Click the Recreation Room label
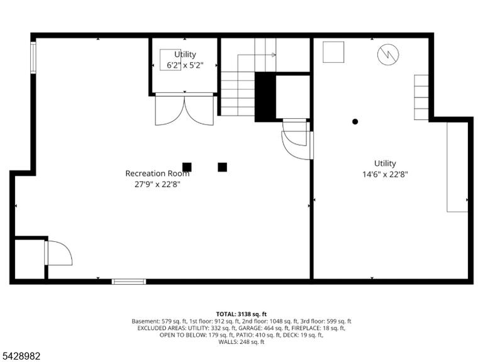click(x=157, y=173)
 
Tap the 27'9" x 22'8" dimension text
click(x=157, y=184)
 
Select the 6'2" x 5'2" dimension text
click(x=185, y=65)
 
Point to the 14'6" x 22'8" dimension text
click(x=385, y=175)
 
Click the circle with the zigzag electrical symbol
click(x=388, y=55)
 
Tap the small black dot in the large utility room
click(x=355, y=121)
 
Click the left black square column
click(x=187, y=167)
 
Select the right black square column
click(x=223, y=167)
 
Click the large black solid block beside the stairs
click(x=265, y=97)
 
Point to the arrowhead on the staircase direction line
click(x=274, y=55)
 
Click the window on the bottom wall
click(x=129, y=282)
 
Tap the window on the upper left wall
click(x=33, y=58)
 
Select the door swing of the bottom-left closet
click(x=58, y=253)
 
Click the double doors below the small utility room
click(x=184, y=109)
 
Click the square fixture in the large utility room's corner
click(x=333, y=52)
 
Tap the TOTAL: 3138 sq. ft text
click(x=241, y=314)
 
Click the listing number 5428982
click(x=20, y=356)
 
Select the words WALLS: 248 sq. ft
click(x=241, y=342)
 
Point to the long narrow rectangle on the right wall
click(x=457, y=167)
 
